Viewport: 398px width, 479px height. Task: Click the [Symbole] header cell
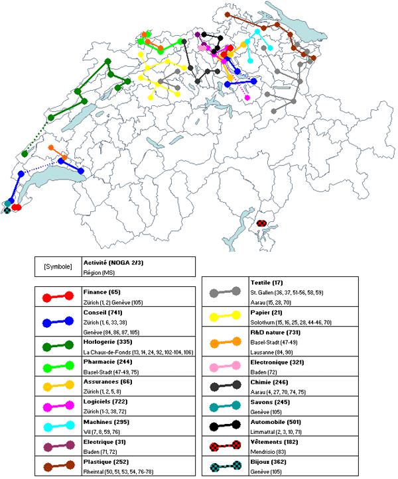pos(57,267)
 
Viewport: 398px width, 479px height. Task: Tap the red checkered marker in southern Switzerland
pos(261,223)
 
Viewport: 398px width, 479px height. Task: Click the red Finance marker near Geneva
pos(17,207)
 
